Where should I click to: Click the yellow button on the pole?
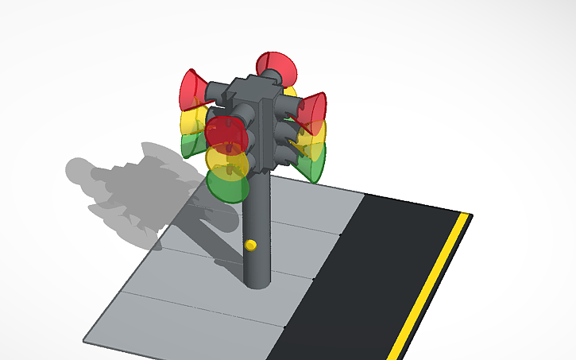[251, 245]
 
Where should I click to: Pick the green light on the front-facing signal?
[226, 188]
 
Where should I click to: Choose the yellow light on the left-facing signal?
[191, 120]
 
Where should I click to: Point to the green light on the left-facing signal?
[191, 145]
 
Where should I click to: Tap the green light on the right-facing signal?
[314, 165]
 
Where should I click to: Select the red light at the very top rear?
[276, 65]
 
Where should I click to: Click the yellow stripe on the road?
[429, 286]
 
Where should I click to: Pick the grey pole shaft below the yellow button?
[256, 266]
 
